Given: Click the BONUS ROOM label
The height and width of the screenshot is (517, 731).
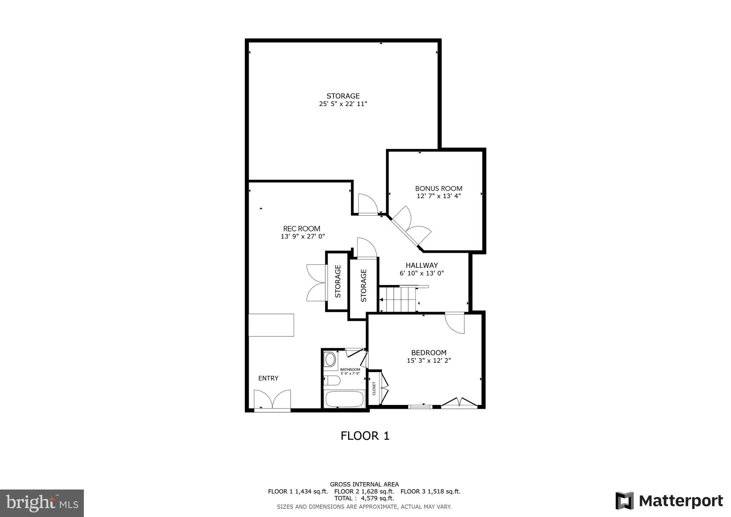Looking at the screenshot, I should (438, 188).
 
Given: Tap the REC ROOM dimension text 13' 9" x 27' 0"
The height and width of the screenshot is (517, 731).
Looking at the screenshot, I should (303, 236).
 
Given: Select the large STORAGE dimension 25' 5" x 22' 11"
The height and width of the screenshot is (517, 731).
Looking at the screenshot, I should (343, 104).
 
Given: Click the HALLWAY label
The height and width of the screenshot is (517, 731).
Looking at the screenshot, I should (422, 265).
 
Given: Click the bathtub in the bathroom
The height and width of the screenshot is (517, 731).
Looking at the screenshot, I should (344, 399).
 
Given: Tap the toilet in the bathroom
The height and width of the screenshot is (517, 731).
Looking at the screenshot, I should (332, 381).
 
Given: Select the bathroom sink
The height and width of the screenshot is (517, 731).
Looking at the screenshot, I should (330, 359).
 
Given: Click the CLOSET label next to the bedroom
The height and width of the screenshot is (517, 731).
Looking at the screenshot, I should (374, 388).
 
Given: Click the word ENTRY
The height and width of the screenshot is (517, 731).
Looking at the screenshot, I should (268, 378).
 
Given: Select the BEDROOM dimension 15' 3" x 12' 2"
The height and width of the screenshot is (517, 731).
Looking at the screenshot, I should (429, 361).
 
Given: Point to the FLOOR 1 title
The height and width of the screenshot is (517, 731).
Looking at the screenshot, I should (365, 436).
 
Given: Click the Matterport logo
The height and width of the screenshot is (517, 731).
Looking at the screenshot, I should (669, 501).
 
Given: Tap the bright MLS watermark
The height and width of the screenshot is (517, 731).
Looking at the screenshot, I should (42, 503).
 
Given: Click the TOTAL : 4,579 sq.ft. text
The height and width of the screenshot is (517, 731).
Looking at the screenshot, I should (364, 498).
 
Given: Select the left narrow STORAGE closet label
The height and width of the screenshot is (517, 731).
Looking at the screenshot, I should (338, 281).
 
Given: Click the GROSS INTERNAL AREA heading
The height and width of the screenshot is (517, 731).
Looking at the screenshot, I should (364, 485).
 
